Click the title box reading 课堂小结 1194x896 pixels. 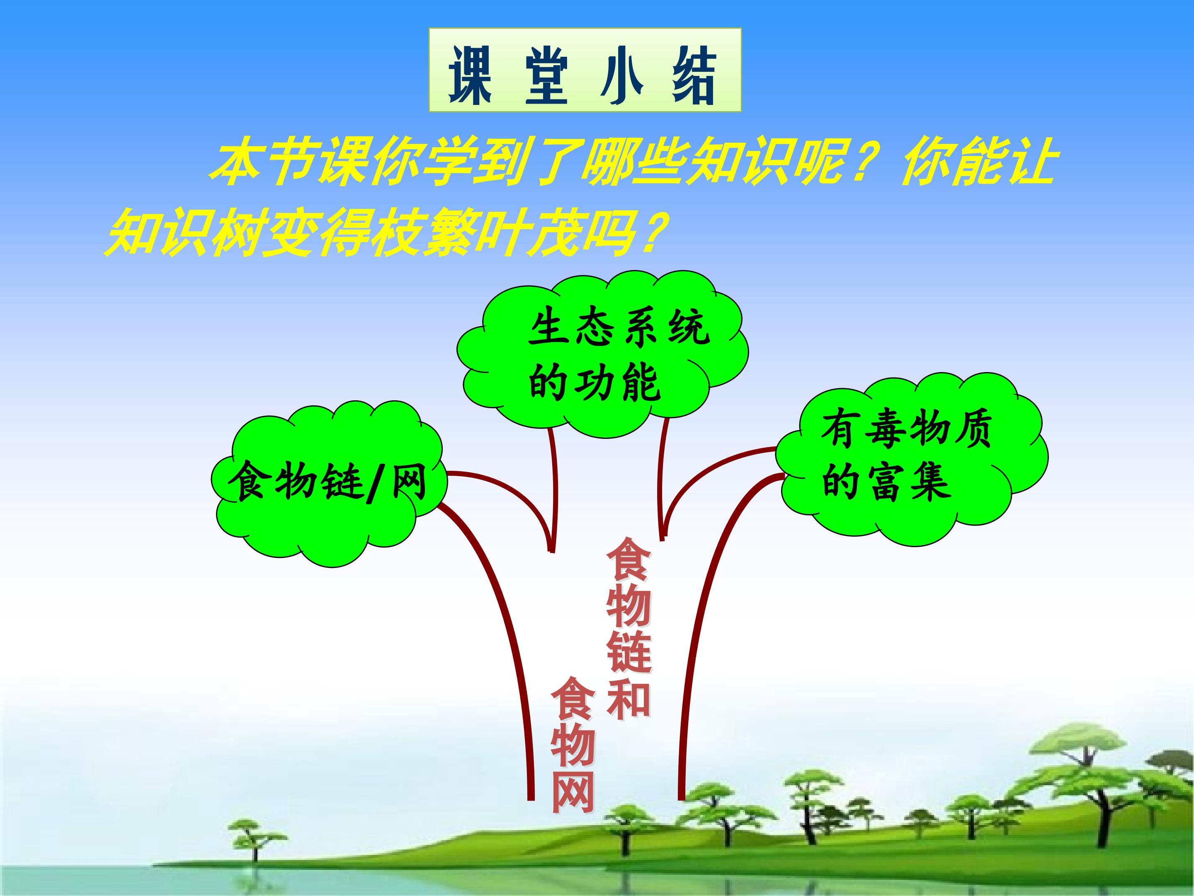(585, 70)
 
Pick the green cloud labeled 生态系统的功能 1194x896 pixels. (602, 354)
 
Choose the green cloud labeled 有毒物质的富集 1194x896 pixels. (912, 459)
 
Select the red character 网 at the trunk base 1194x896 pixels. (573, 798)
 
